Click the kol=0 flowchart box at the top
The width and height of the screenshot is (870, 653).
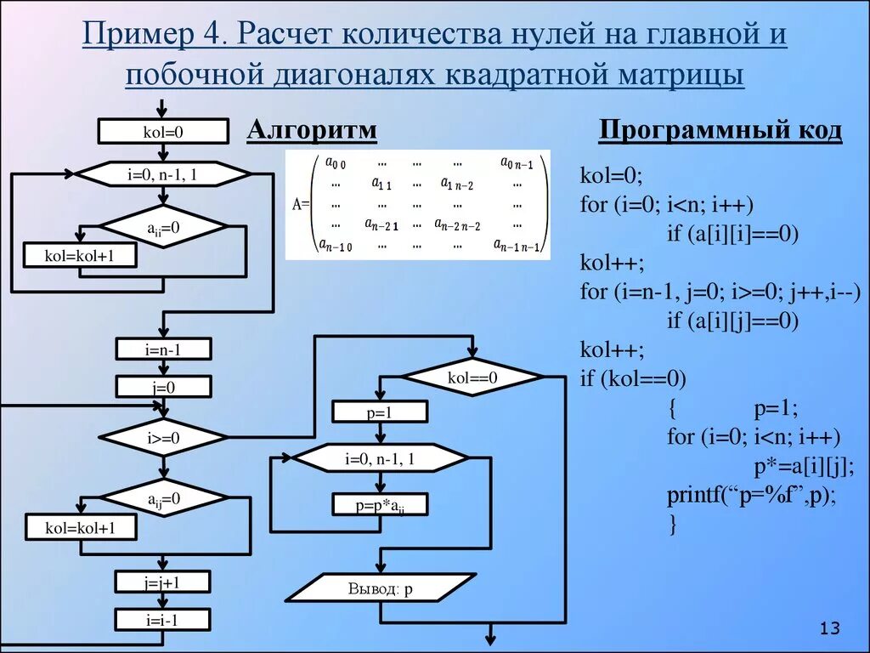163,132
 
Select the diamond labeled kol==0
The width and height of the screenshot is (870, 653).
472,378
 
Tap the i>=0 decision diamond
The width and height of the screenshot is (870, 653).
163,439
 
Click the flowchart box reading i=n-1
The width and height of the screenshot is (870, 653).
163,349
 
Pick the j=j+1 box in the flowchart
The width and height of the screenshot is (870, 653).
163,582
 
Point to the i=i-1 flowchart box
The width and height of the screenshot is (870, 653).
163,620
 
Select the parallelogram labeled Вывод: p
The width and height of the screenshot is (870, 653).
380,588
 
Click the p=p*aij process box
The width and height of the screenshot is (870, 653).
380,505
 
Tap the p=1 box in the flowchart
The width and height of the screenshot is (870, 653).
380,413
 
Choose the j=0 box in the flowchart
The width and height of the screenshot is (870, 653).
163,387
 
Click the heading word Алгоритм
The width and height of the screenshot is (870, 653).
312,130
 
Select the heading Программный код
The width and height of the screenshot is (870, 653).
720,130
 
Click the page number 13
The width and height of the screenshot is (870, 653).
829,628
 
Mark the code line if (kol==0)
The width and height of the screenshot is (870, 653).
632,378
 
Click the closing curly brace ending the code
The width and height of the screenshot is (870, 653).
672,525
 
